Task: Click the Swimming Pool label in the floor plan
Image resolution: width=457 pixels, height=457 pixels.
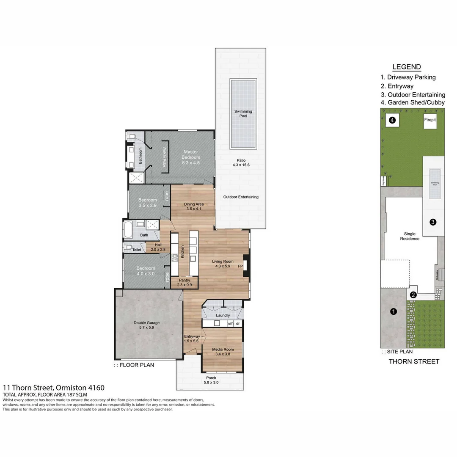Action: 243,114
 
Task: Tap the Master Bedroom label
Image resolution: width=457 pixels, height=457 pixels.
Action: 191,154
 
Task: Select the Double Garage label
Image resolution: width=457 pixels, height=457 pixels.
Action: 146,325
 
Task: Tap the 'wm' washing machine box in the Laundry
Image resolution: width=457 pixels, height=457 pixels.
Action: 230,323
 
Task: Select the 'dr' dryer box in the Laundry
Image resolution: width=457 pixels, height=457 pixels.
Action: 238,323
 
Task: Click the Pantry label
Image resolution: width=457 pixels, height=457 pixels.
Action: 184,282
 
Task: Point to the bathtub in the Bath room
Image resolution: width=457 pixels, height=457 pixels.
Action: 128,231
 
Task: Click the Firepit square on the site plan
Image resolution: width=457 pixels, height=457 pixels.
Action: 430,120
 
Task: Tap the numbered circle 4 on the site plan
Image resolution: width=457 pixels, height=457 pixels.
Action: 392,121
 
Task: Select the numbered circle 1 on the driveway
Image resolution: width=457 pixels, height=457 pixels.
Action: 393,311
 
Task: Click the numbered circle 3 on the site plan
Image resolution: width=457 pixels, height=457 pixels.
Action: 433,222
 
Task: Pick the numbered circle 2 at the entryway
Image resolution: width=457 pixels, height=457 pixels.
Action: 413,295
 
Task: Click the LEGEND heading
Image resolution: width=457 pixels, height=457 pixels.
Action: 406,67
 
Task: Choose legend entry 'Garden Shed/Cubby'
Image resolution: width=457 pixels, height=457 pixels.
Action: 412,102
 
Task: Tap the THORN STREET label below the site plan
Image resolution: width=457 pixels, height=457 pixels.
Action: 414,361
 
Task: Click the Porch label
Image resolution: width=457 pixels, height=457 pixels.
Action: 211,380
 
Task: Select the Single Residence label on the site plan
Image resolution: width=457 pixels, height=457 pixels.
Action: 410,236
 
